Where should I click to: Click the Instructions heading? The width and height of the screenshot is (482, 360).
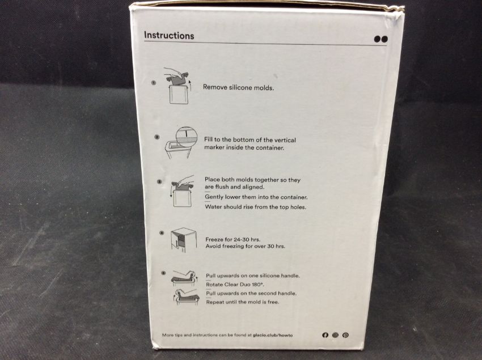(x=169, y=36)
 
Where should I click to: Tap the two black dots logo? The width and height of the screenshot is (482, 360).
(x=381, y=39)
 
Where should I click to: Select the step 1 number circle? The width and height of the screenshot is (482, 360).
(x=154, y=82)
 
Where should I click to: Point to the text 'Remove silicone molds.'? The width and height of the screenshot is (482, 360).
(x=238, y=88)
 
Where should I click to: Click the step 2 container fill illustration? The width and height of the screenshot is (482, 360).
(x=181, y=142)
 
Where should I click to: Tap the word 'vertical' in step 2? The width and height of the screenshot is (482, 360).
(x=285, y=140)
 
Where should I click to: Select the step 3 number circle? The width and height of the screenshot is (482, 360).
(x=159, y=181)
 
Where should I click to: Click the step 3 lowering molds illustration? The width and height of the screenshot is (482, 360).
(x=182, y=191)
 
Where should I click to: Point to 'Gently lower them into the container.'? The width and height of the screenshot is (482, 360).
(x=256, y=197)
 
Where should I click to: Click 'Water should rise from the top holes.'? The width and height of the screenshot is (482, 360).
(x=256, y=207)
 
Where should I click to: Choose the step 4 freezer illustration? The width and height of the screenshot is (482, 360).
(x=184, y=240)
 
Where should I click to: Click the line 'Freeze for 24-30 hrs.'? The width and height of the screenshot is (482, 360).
(x=232, y=239)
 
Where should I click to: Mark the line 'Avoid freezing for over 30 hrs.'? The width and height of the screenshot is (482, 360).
(x=246, y=246)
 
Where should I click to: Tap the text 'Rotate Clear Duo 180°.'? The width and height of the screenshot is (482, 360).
(x=235, y=285)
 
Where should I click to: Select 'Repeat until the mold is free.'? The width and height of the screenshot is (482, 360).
(x=243, y=302)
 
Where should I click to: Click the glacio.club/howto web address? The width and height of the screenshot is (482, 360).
(x=273, y=335)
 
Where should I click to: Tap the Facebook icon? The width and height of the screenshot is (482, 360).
(x=325, y=335)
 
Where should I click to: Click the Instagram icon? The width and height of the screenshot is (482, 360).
(x=335, y=335)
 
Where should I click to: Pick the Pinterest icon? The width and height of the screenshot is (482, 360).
(x=345, y=335)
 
